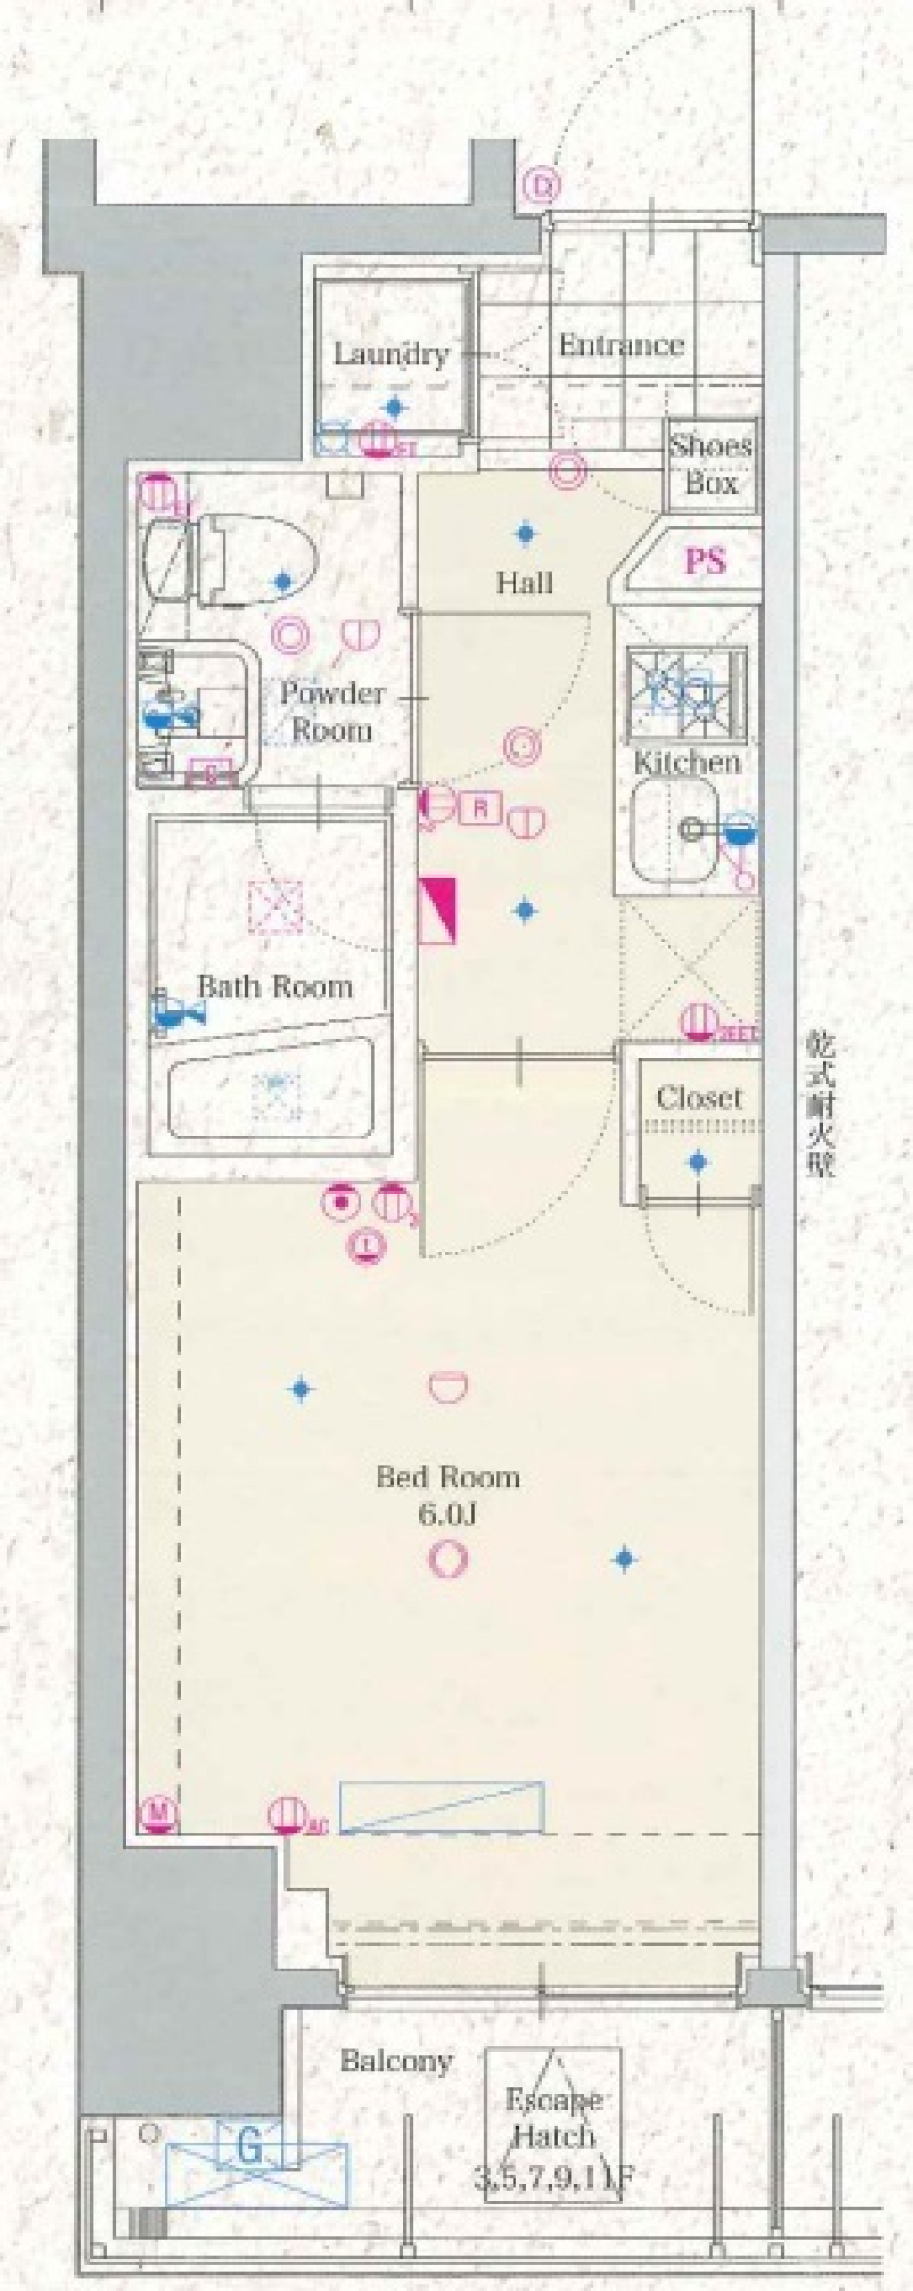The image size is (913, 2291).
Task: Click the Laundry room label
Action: tap(390, 355)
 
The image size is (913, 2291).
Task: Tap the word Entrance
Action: tap(621, 344)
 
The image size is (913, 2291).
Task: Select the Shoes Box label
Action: tap(711, 464)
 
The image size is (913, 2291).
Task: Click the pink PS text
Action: tap(705, 561)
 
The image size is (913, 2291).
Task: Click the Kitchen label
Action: tap(687, 762)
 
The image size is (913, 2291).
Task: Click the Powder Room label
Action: tap(331, 711)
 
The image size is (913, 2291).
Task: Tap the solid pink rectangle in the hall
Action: tap(438, 908)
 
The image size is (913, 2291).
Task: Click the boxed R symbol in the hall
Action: tap(480, 809)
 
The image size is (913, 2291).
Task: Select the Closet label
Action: tap(698, 1098)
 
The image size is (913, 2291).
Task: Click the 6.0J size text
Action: tap(447, 1514)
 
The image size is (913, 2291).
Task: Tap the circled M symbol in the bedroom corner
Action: tap(160, 1814)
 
